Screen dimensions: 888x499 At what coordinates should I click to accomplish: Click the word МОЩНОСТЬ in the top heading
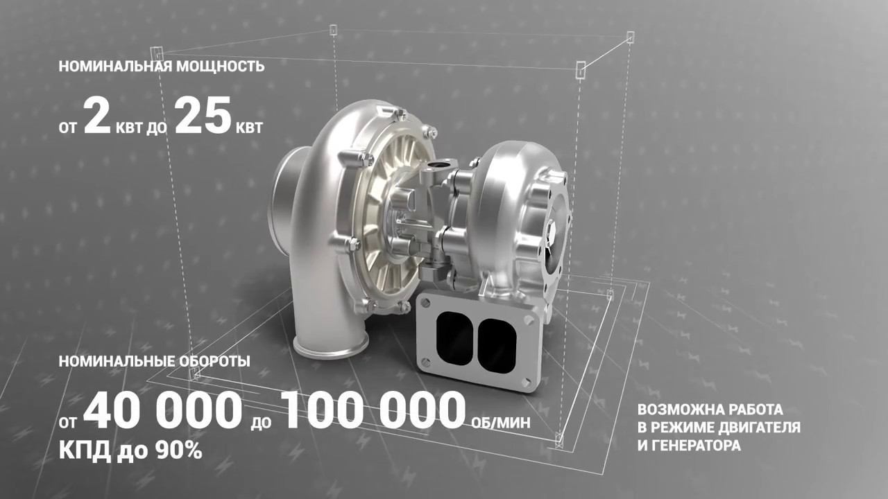[220, 66]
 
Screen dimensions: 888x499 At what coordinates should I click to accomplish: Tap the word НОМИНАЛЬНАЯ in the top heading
[115, 66]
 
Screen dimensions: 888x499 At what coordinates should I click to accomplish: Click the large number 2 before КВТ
[97, 116]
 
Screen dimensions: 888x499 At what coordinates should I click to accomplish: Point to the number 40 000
[163, 410]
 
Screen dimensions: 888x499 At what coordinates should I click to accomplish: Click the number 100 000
[374, 410]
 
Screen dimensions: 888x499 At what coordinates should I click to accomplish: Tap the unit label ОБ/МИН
[501, 423]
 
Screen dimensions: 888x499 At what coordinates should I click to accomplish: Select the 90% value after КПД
[178, 450]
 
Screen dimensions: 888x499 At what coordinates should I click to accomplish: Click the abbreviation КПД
[85, 450]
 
